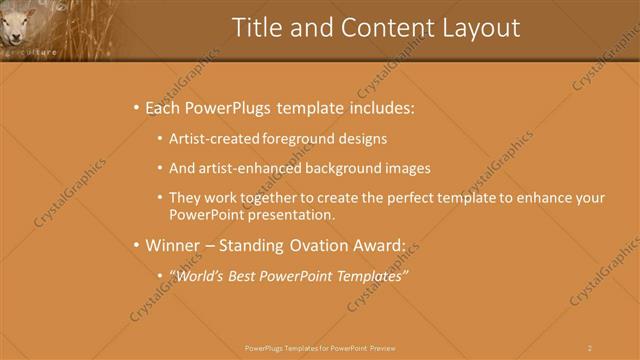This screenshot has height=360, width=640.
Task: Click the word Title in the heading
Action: tap(256, 28)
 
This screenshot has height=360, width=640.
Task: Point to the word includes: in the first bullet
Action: tap(378, 108)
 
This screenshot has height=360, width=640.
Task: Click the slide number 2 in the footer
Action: tap(590, 348)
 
